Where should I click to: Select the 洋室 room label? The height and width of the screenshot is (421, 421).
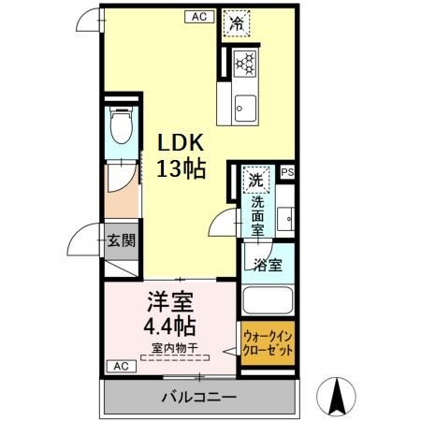(169, 304)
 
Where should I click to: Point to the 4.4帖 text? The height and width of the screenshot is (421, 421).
(169, 327)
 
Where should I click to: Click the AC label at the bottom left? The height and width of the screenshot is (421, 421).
(119, 366)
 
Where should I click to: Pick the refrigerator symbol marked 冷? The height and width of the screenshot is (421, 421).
(238, 24)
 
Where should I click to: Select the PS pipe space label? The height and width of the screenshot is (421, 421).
(286, 172)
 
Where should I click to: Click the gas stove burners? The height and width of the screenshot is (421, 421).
(245, 62)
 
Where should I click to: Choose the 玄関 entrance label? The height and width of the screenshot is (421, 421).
(120, 240)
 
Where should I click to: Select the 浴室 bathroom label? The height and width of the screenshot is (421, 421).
(268, 265)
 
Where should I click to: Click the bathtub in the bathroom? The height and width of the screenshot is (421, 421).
(269, 302)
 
